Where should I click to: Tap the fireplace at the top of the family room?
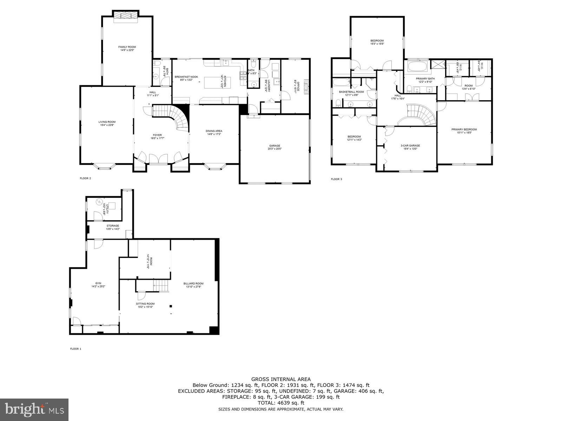pyautogui.click(x=125, y=16)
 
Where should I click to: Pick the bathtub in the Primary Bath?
pyautogui.click(x=417, y=66)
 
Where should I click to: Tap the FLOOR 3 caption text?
pyautogui.click(x=336, y=179)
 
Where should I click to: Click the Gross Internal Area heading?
pyautogui.click(x=281, y=379)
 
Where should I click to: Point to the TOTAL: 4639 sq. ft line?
pyautogui.click(x=281, y=403)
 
